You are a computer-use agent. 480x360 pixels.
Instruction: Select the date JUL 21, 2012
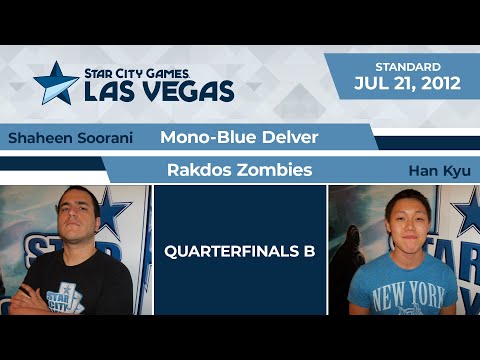pyautogui.click(x=407, y=83)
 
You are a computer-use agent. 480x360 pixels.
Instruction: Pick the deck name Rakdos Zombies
pyautogui.click(x=240, y=170)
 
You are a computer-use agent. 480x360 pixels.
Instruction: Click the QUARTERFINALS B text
pyautogui.click(x=240, y=251)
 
